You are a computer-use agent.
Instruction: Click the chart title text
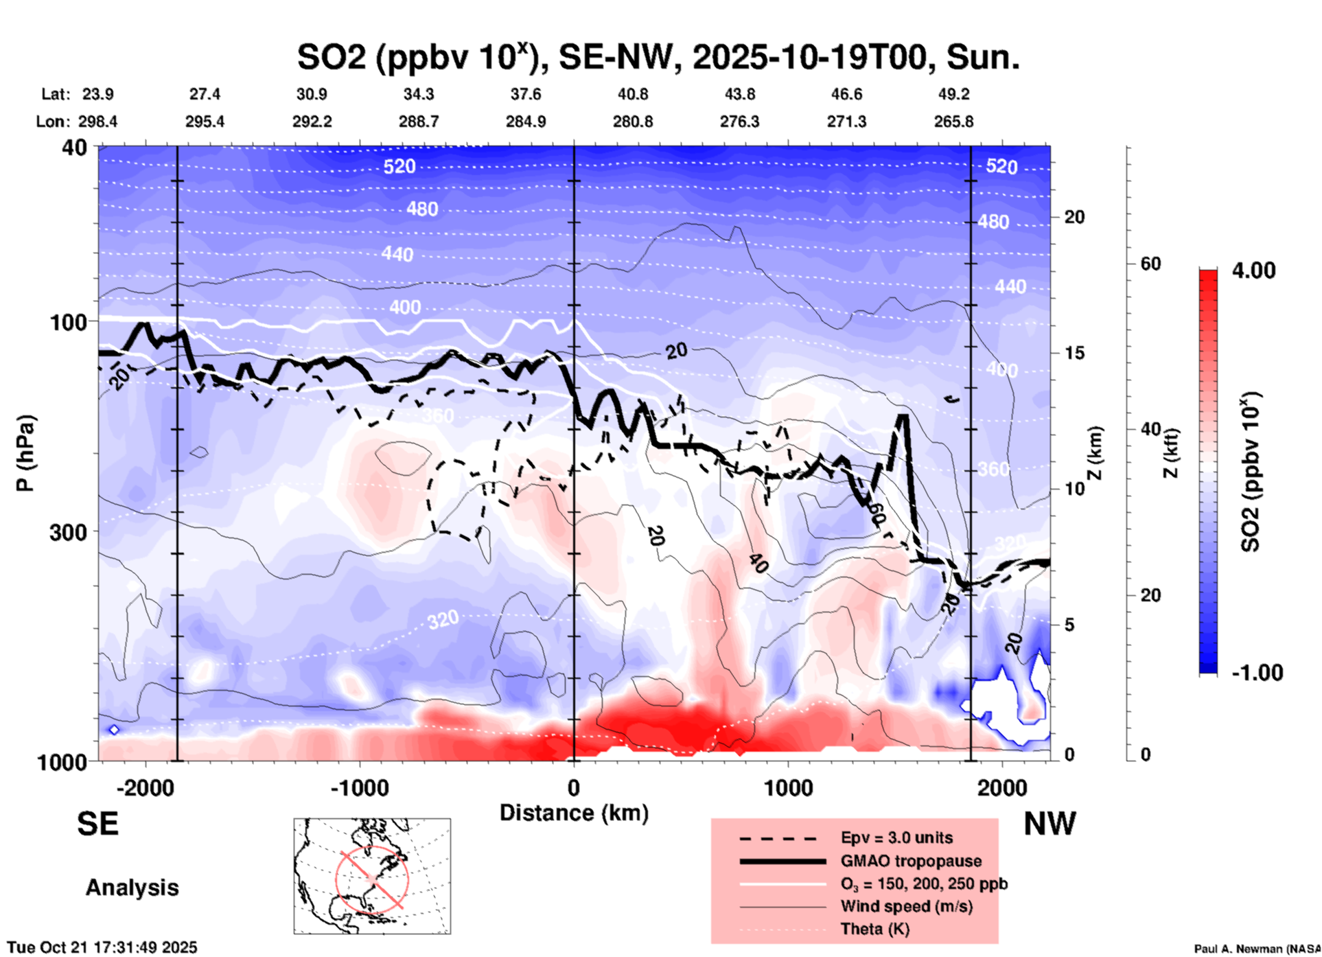pos(658,58)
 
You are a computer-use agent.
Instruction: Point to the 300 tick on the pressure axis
pos(69,532)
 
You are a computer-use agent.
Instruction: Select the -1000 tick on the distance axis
pos(359,787)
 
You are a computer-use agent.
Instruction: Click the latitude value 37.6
pos(525,94)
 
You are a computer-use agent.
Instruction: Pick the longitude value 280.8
pos(632,122)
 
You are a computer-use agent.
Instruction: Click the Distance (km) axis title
pos(574,813)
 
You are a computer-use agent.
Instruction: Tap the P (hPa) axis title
pos(25,453)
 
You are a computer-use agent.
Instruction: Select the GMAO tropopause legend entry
pos(910,861)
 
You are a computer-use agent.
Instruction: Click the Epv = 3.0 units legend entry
pos(896,838)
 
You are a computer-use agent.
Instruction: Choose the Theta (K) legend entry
pos(874,929)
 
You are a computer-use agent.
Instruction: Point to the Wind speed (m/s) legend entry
pos(906,906)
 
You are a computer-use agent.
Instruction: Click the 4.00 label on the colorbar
pos(1253,270)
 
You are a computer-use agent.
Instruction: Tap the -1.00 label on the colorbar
pos(1256,673)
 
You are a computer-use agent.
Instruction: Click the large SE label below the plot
pos(97,824)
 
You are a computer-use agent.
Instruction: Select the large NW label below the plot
pos(1050,824)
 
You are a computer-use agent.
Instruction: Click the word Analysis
pos(132,888)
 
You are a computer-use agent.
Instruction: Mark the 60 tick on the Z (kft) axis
pos(1150,264)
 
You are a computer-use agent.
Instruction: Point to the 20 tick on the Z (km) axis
pos(1074,218)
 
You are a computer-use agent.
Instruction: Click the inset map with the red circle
pos(372,876)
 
